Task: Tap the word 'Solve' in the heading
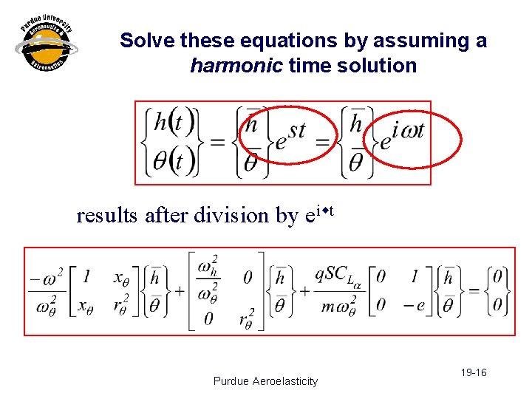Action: click(x=145, y=41)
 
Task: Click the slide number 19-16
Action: click(x=471, y=372)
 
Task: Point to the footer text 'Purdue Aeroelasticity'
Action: click(x=265, y=381)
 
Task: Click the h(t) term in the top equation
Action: click(x=170, y=123)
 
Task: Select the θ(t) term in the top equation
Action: click(x=170, y=161)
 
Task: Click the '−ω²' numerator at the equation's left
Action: click(x=46, y=279)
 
